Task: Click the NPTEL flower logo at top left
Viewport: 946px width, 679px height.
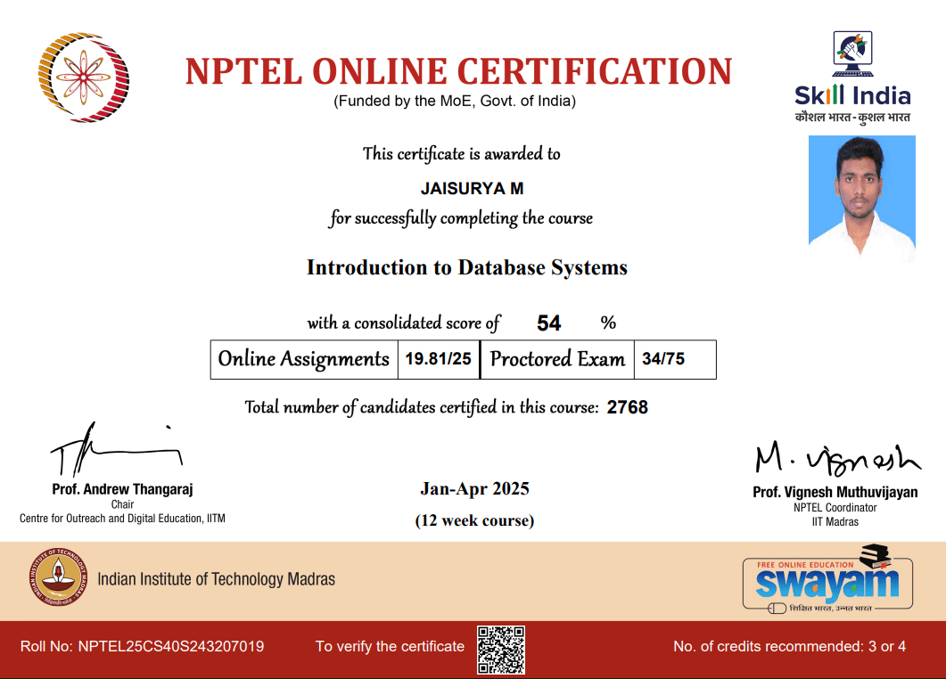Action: tap(84, 78)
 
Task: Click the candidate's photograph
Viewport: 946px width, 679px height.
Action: tap(861, 198)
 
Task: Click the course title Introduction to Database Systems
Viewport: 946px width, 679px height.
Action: tap(467, 267)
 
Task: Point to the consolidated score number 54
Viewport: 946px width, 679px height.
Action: tap(549, 323)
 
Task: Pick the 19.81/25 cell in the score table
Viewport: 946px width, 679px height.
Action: tap(438, 360)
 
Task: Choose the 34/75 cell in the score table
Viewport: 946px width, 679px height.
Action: tap(663, 360)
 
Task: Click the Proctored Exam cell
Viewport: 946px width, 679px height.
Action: tap(557, 360)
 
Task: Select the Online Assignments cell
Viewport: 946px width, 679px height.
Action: tap(304, 360)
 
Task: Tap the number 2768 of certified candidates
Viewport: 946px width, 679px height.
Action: tap(628, 408)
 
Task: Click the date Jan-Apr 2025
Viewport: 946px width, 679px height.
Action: tap(474, 488)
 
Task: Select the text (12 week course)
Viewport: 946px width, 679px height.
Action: tap(474, 520)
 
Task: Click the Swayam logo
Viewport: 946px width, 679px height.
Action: tap(827, 583)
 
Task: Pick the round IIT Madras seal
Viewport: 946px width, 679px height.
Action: tap(59, 578)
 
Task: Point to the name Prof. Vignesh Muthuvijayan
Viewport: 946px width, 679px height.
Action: tap(835, 492)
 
